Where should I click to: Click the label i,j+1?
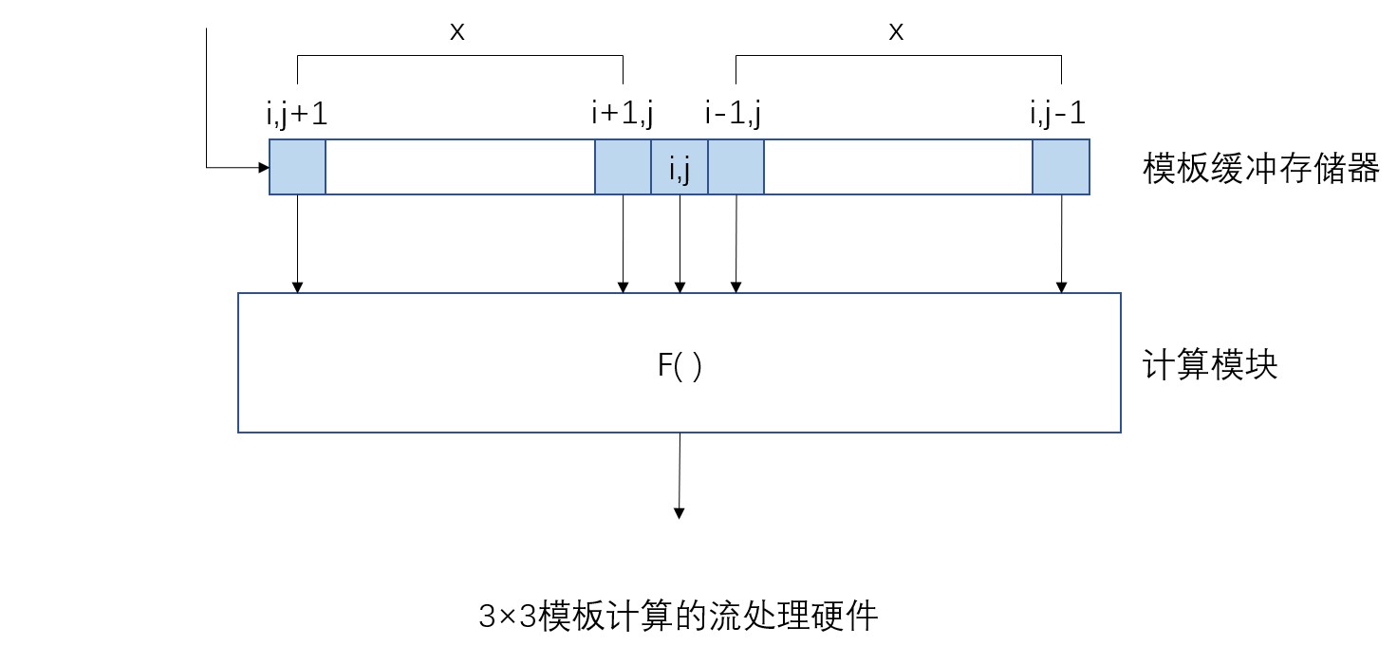297,115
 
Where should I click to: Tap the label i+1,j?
622,115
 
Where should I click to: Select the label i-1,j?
736,115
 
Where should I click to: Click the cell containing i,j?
680,168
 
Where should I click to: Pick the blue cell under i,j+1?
298,168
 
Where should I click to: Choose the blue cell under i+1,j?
623,168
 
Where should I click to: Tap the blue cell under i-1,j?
736,168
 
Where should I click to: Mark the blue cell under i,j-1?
1061,168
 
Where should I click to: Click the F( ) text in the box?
680,366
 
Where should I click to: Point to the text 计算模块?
1211,365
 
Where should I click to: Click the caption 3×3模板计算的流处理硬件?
679,617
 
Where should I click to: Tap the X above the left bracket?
457,32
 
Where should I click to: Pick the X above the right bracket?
896,32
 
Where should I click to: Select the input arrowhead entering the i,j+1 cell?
264,168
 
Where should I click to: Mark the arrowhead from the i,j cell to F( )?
680,286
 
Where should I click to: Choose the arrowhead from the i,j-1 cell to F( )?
1062,286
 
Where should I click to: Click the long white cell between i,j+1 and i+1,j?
460,168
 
